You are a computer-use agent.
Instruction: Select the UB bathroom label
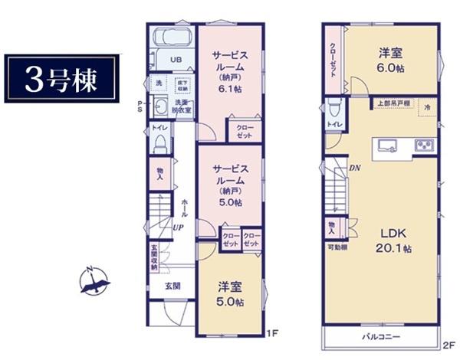pyautogui.click(x=176, y=59)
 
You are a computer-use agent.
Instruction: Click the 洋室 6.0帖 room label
pyautogui.click(x=390, y=61)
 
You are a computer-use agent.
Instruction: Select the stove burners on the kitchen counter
pyautogui.click(x=424, y=144)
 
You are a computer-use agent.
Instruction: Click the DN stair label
pyautogui.click(x=355, y=168)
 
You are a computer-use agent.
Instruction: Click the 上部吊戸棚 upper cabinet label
pyautogui.click(x=391, y=103)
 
